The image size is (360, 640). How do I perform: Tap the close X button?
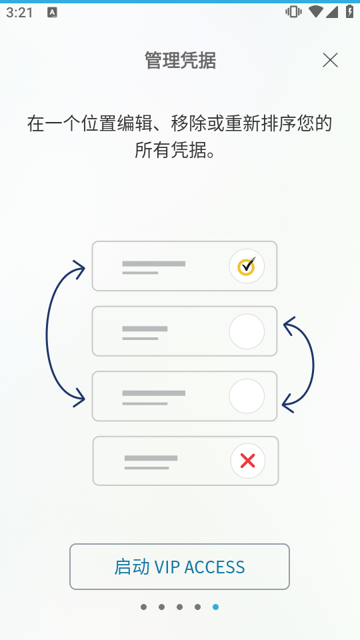[330, 61]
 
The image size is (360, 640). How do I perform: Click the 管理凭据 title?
[180, 61]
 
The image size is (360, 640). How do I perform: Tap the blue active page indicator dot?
[215, 607]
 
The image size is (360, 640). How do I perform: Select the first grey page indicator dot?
[144, 607]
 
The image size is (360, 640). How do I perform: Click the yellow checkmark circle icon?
[247, 266]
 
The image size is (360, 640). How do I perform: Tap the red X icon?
[248, 461]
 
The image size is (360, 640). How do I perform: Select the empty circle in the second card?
[247, 331]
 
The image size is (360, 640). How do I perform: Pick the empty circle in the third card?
[247, 396]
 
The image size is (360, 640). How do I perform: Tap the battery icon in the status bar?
[350, 11]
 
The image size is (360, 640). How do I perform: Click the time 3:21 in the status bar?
[19, 12]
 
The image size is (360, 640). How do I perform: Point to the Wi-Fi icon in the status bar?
[315, 11]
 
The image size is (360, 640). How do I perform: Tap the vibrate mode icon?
[293, 11]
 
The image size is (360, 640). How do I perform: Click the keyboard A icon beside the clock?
[52, 12]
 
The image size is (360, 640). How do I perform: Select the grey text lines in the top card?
[153, 267]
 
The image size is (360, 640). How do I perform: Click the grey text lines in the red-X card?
[151, 462]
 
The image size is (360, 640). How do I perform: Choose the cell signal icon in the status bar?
[332, 12]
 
